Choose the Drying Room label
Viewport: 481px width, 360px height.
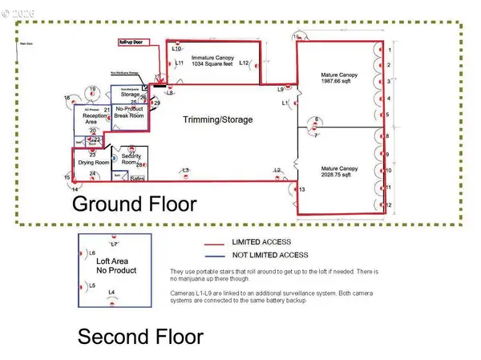[x=92, y=163]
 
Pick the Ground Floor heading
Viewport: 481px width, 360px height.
[x=134, y=204]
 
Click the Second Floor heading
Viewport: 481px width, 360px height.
[x=140, y=337]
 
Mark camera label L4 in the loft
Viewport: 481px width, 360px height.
[x=111, y=292]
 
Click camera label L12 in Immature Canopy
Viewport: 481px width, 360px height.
[x=245, y=63]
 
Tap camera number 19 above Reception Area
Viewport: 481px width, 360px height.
[x=93, y=88]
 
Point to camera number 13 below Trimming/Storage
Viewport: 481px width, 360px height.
[x=301, y=189]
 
